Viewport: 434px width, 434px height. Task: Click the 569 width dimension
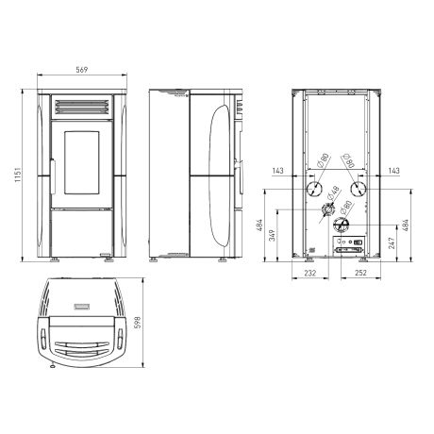coord(82,70)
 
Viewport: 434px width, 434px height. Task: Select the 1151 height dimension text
coord(18,175)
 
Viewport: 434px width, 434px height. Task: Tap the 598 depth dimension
coord(138,323)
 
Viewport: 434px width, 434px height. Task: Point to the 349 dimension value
coord(273,235)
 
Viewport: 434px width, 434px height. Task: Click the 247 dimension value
coord(392,242)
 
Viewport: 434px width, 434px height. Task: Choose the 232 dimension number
coord(310,273)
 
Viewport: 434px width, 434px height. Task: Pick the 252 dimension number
coord(360,273)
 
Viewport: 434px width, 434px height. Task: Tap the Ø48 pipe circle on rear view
coord(327,209)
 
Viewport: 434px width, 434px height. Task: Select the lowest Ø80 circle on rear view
coord(342,225)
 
